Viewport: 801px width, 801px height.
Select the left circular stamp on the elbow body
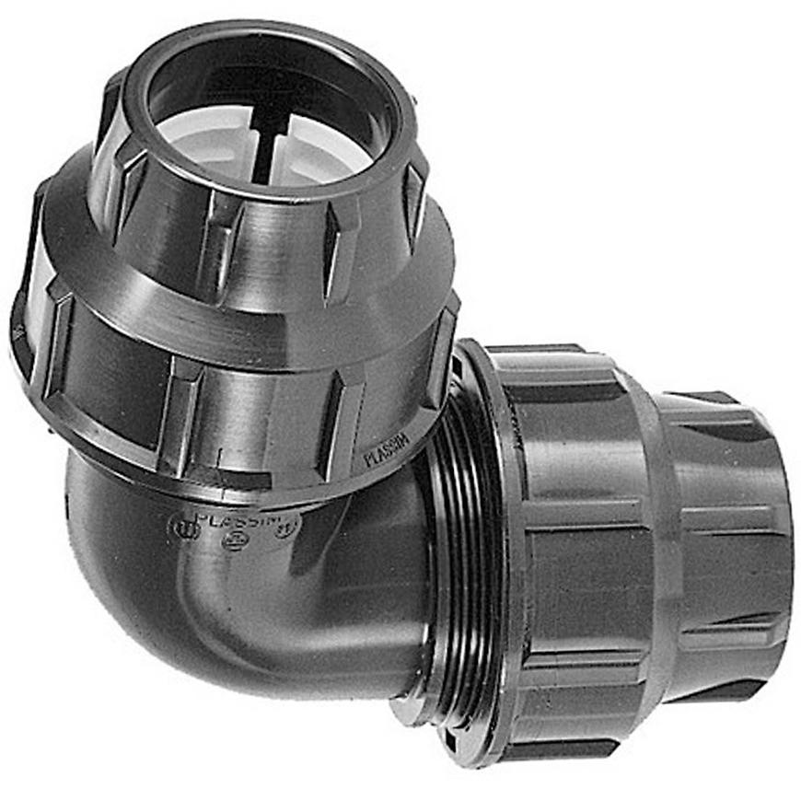point(183,528)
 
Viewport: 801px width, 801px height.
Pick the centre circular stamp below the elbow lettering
point(234,539)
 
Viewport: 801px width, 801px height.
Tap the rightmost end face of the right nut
point(783,552)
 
